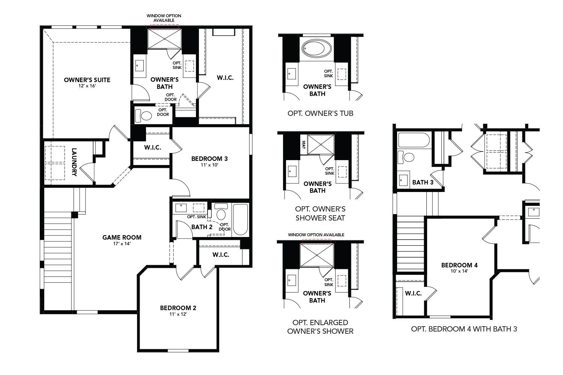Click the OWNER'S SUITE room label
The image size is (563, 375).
click(x=87, y=80)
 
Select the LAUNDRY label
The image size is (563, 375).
click(x=74, y=162)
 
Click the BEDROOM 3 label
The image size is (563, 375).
click(x=209, y=159)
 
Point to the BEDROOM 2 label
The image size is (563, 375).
click(x=178, y=308)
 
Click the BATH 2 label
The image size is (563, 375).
click(x=202, y=227)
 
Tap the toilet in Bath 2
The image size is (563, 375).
click(x=221, y=212)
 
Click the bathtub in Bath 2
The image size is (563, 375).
click(x=240, y=219)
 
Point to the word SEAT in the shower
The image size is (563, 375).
click(x=303, y=145)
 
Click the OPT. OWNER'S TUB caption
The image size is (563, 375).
click(x=320, y=113)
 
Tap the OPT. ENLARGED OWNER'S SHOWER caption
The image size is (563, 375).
click(x=320, y=327)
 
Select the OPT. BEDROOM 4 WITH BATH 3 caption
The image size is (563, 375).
click(x=464, y=329)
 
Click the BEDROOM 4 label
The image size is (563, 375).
click(x=459, y=265)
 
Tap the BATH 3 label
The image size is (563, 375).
click(x=423, y=183)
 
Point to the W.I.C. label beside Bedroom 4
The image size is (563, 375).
click(x=413, y=293)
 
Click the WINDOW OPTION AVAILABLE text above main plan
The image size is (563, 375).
click(x=164, y=18)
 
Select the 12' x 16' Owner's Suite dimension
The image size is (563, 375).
click(x=87, y=86)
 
